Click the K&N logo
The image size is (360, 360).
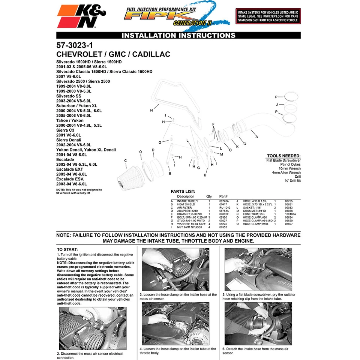click(x=76, y=17)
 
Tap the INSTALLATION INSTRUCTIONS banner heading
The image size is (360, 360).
click(x=178, y=36)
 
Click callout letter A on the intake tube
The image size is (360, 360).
click(x=256, y=137)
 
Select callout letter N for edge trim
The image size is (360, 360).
click(x=151, y=111)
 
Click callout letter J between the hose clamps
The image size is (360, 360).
click(x=277, y=104)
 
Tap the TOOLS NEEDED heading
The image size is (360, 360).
click(x=283, y=156)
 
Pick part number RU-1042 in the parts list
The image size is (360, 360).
click(x=225, y=207)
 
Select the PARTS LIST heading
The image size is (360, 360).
click(x=183, y=191)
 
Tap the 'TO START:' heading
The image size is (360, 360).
click(x=67, y=249)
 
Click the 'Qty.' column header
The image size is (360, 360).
click(x=209, y=196)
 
